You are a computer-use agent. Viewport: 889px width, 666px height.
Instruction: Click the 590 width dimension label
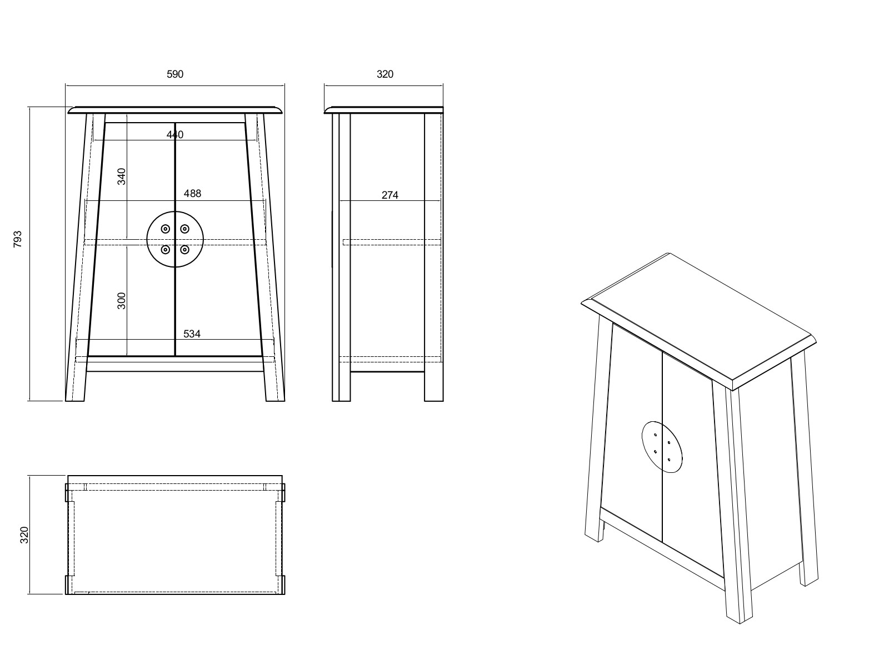[175, 74]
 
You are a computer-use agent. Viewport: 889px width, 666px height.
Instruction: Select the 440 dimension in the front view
[174, 135]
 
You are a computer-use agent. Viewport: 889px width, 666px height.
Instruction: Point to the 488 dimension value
[192, 194]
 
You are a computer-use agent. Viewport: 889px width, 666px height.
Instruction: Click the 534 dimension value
[192, 334]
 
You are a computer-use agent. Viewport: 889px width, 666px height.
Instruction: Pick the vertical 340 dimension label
[122, 176]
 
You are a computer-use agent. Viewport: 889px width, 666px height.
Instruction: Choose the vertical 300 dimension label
[122, 300]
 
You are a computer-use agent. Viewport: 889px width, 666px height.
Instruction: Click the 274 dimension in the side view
[390, 195]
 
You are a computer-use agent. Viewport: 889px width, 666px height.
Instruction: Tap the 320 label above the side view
[384, 74]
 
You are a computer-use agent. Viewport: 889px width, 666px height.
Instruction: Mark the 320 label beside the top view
[24, 535]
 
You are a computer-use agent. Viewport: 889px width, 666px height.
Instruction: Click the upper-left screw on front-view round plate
[166, 229]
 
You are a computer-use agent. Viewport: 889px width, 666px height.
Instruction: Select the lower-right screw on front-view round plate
[184, 250]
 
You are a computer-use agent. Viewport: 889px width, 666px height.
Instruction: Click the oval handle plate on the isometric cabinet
[662, 447]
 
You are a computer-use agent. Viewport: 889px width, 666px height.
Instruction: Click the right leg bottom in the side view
[434, 395]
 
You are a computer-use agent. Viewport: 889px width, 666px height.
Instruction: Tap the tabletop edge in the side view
[383, 110]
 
